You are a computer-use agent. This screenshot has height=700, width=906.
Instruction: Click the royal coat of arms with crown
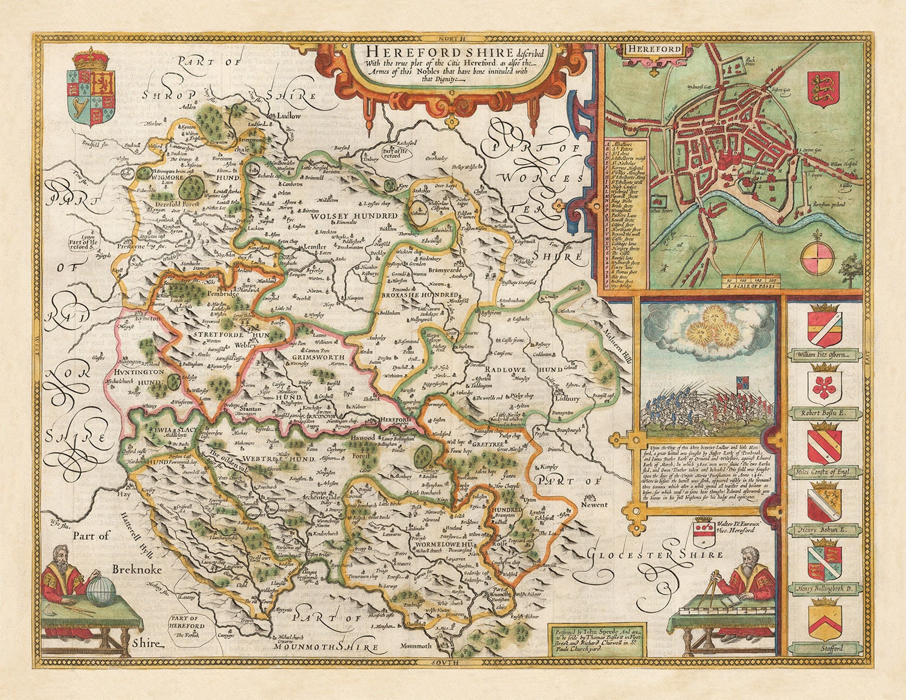click(x=91, y=88)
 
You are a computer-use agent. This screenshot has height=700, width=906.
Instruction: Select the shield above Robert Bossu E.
click(x=824, y=387)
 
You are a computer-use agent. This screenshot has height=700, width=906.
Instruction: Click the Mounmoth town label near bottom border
click(x=416, y=646)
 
